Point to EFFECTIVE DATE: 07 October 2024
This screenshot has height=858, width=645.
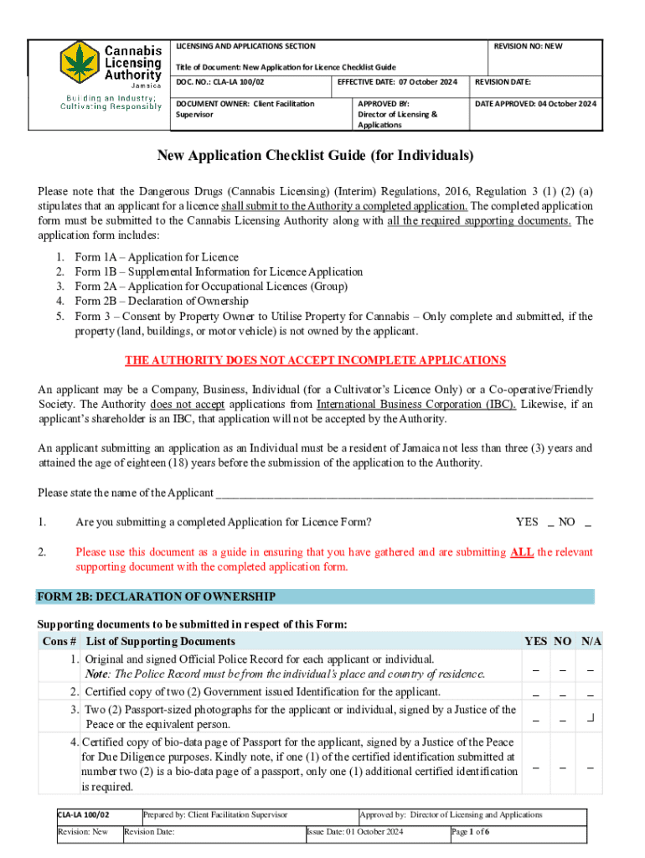click(x=398, y=82)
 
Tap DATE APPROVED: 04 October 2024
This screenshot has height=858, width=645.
click(x=535, y=104)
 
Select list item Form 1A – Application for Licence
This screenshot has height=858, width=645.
click(x=156, y=257)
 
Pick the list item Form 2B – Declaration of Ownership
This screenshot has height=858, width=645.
click(x=161, y=302)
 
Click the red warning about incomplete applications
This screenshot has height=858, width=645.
click(x=315, y=361)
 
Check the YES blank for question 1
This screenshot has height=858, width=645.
click(x=550, y=524)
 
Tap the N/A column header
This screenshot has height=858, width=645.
click(x=591, y=642)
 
